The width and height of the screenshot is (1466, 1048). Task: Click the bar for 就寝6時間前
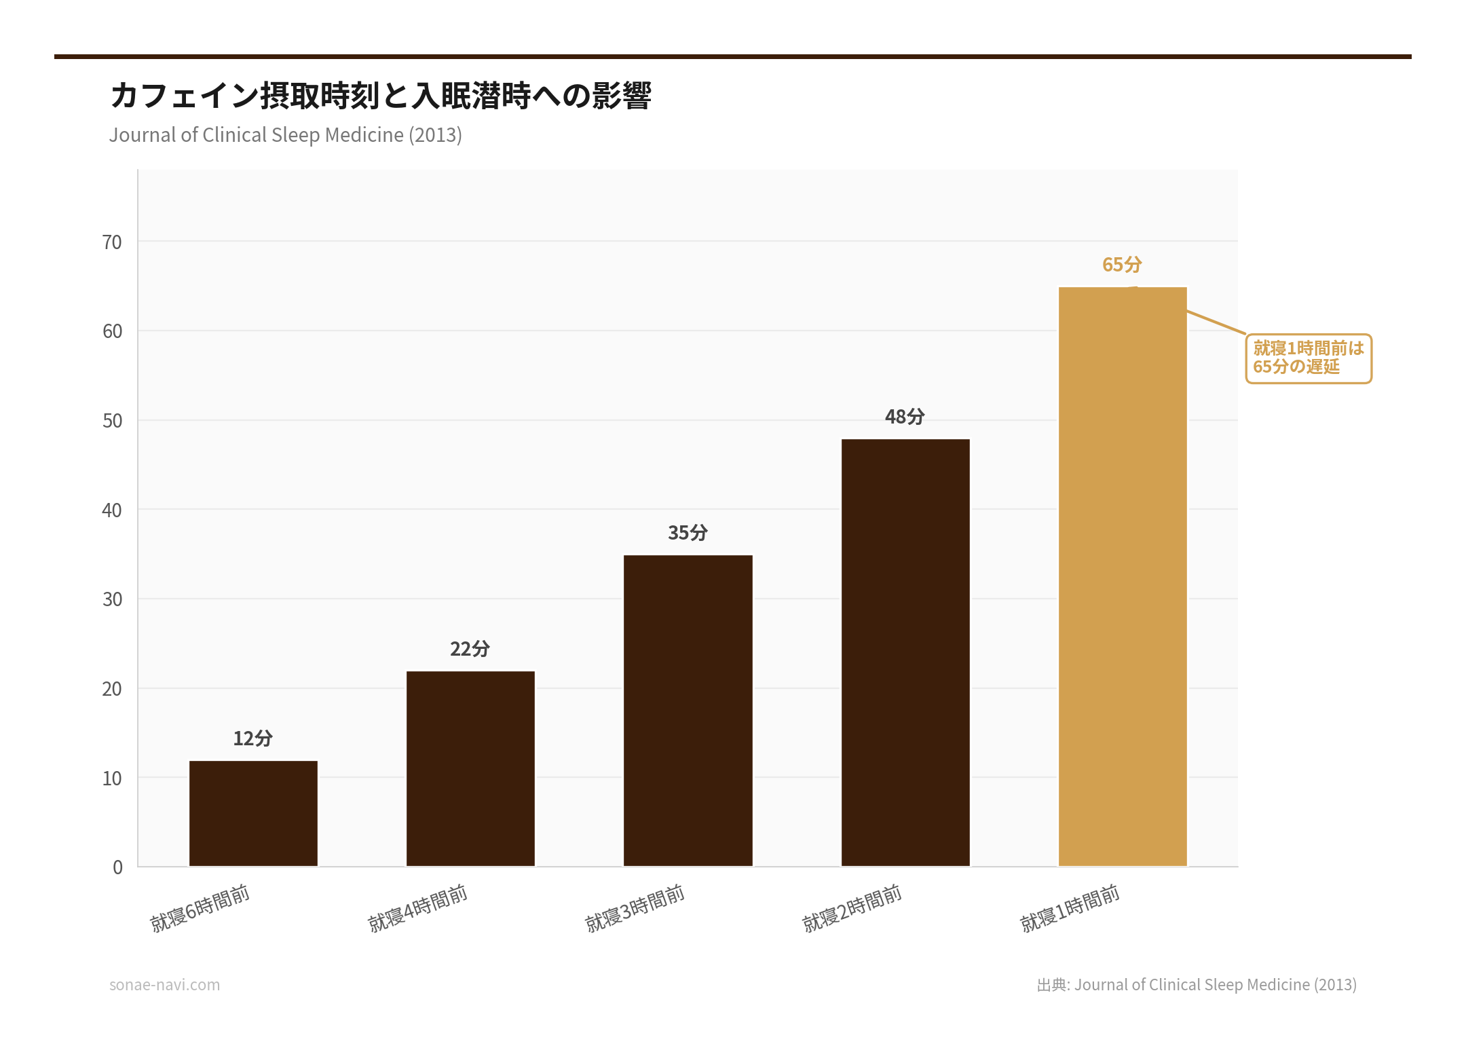point(253,813)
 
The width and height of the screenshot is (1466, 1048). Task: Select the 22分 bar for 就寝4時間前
point(470,768)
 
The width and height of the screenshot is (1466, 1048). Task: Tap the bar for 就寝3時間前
point(688,710)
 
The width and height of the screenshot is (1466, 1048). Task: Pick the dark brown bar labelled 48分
point(905,652)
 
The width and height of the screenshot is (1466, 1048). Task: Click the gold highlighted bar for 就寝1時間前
point(1123,576)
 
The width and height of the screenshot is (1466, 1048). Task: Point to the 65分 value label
point(1122,265)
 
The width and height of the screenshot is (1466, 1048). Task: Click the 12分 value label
point(252,738)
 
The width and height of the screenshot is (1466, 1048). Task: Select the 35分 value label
point(688,533)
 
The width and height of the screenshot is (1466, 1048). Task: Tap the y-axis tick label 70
point(112,242)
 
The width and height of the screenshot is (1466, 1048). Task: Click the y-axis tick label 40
point(112,510)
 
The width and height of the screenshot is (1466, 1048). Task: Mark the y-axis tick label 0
point(117,867)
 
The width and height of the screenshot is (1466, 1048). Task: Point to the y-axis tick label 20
point(112,689)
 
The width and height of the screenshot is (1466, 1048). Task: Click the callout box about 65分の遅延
point(1308,358)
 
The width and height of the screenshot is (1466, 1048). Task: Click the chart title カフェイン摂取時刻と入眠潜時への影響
point(380,96)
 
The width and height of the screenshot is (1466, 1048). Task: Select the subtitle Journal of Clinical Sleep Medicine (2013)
point(285,135)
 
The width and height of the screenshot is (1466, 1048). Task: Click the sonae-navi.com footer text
point(164,985)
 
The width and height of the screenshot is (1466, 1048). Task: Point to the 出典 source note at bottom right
point(1196,985)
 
